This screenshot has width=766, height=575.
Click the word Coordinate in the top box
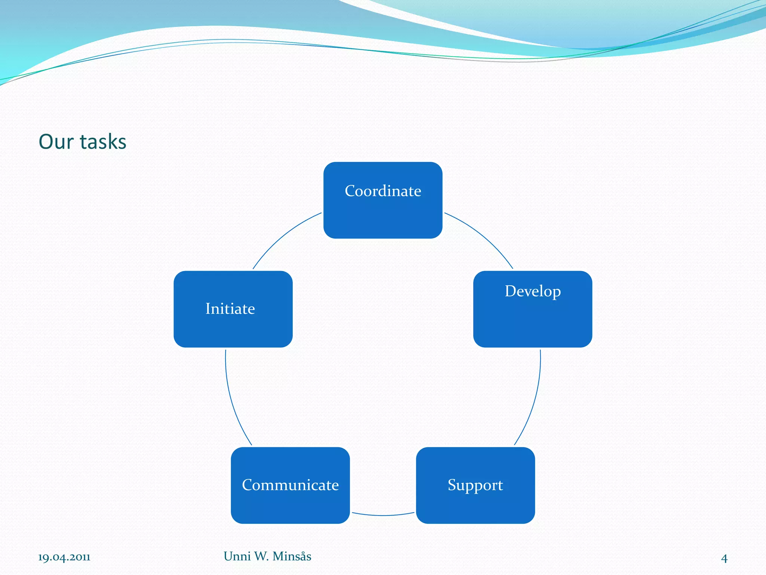pos(383,191)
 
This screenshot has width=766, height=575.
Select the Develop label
pos(533,291)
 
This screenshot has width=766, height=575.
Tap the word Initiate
pos(230,309)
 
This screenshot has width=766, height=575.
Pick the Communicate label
pos(290,485)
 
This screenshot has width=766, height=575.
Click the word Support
pos(475,485)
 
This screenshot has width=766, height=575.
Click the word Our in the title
pos(56,142)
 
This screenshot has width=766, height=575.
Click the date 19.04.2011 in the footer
pos(64,557)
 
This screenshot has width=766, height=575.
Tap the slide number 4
pos(724,559)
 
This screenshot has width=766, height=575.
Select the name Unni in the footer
pos(237,556)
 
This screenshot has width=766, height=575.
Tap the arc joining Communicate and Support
pos(383,515)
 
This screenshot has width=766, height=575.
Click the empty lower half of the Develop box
pos(533,326)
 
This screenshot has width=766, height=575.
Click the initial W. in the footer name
pos(261,556)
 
